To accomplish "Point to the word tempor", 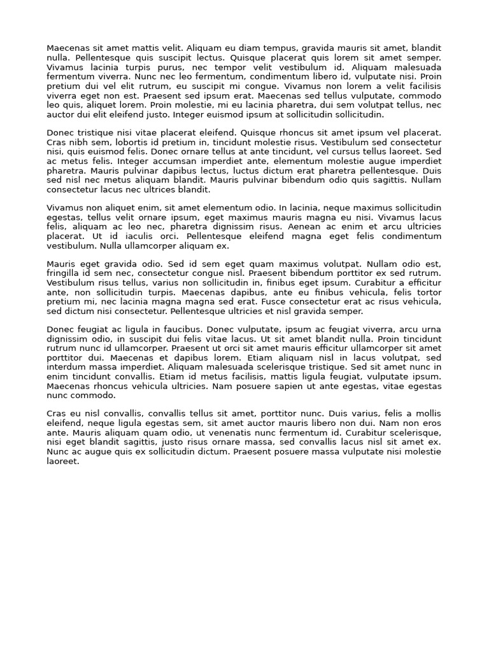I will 222,67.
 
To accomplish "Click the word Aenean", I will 304,226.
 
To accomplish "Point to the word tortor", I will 427,292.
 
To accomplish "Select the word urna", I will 431,329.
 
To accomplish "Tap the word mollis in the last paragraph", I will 427,414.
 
